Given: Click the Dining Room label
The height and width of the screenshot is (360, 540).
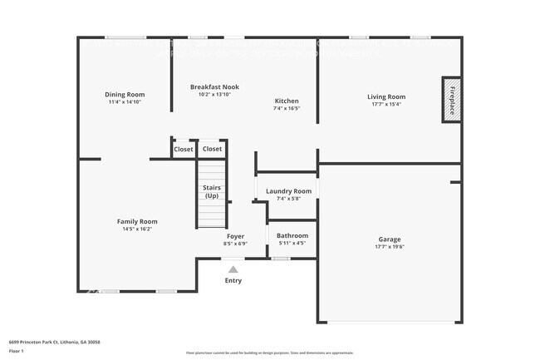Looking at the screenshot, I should coord(125,94).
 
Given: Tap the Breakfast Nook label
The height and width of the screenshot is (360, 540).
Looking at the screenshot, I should coord(214,86).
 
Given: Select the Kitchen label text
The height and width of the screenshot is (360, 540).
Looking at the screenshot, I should coord(287,101).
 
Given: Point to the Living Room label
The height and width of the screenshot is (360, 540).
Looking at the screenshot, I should coord(386,96).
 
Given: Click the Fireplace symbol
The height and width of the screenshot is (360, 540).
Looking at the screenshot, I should coord(452,100).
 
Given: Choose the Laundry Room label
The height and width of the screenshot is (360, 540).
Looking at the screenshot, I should coord(288,191).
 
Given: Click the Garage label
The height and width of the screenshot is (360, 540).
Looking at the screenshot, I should coord(390,239).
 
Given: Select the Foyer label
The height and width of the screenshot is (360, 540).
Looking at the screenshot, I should coord(235,236).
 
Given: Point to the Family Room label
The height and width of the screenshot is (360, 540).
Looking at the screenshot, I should coord(137,221).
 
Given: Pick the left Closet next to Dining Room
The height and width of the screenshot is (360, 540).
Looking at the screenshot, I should coord(183,149).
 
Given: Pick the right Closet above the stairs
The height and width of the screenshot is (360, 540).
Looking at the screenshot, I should coord(212,149).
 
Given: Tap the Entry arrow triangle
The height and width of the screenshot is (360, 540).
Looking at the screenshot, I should coord(233,269).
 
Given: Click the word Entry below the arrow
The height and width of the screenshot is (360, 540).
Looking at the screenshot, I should coord(233,281).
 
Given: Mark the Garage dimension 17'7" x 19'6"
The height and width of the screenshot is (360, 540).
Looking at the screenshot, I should coord(390,246).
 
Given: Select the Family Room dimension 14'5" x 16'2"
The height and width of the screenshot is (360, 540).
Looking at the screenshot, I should coord(137,229).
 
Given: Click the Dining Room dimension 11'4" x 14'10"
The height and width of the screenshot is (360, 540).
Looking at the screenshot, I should coord(125,101).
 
